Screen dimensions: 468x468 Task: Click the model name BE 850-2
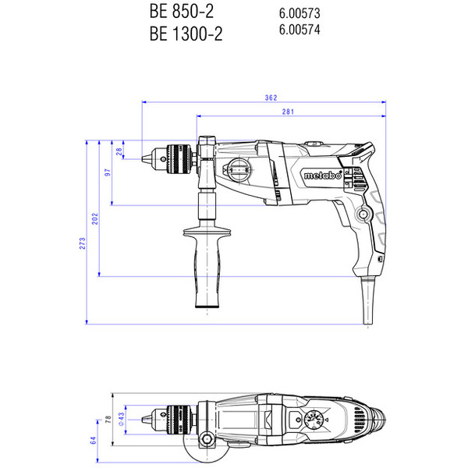click(x=180, y=12)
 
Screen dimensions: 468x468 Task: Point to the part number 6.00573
click(x=300, y=14)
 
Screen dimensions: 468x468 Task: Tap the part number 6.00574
click(x=300, y=30)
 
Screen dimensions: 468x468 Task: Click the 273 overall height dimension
click(x=83, y=243)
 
